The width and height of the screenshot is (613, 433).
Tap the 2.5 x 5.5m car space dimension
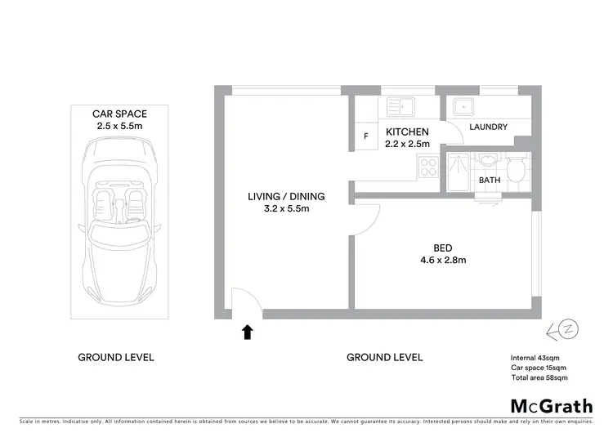(x=115, y=127)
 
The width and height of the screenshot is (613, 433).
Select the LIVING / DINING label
(x=286, y=196)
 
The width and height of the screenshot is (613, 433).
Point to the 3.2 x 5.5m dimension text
(x=286, y=209)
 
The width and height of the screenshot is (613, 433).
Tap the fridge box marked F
(x=365, y=136)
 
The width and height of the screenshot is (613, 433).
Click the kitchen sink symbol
(x=401, y=106)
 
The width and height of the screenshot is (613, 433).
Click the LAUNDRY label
(x=489, y=127)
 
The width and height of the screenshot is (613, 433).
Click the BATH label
(x=489, y=180)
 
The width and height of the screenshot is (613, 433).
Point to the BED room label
(x=443, y=248)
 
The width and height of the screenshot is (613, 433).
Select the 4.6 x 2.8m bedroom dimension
(x=443, y=261)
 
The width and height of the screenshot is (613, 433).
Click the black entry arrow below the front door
(x=247, y=331)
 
